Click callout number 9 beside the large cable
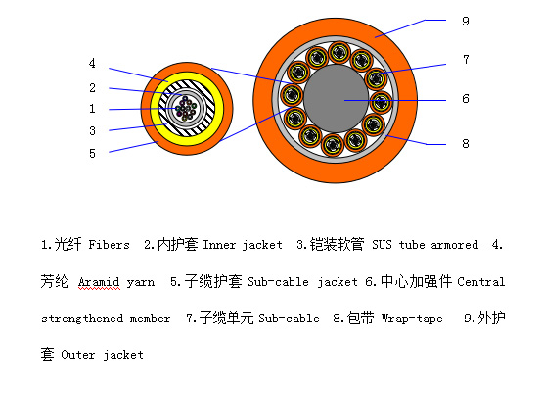pos(466,22)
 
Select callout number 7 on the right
pos(466,60)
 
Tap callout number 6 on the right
pos(466,99)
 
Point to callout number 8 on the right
pos(466,143)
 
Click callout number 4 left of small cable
pos(92,63)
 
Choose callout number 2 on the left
pos(92,88)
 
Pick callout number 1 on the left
pos(92,109)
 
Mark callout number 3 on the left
pos(92,131)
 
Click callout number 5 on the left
pos(92,154)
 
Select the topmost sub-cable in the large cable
pos(339,53)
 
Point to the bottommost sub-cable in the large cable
pos(333,145)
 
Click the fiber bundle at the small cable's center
pos(186,109)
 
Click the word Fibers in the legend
pos(109,245)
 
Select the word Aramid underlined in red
pos(99,282)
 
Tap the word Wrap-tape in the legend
pos(412,319)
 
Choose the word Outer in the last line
pos(77,355)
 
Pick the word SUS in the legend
pos(382,245)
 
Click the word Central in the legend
pos(480,282)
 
